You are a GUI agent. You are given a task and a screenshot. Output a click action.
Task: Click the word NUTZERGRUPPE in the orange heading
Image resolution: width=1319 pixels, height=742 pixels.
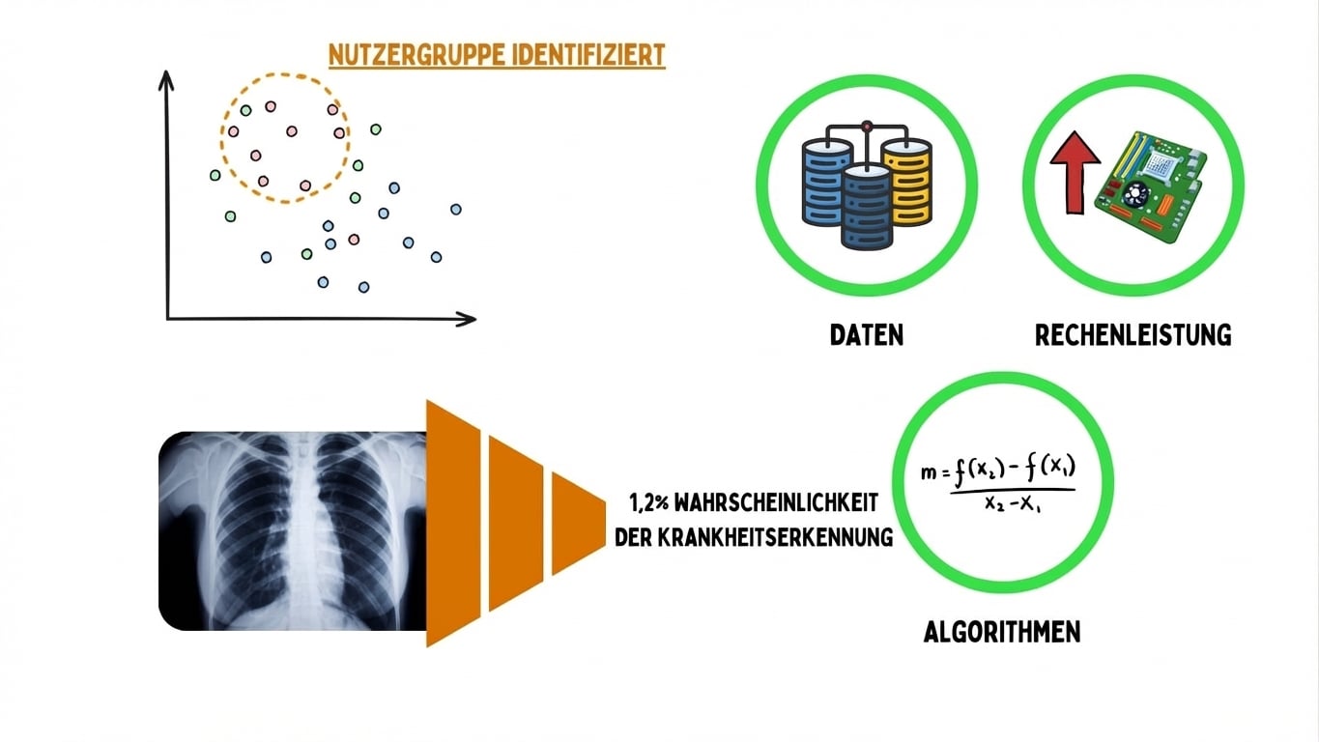click(x=413, y=55)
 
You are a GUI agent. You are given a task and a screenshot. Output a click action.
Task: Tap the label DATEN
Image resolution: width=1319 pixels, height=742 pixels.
click(x=867, y=335)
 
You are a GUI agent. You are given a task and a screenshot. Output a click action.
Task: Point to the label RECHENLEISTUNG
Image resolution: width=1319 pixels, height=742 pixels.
click(x=1133, y=335)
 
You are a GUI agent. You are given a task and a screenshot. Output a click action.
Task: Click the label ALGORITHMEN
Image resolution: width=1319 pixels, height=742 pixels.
click(x=1002, y=632)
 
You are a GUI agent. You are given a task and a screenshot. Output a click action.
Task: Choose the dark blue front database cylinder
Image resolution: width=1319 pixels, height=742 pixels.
click(x=867, y=208)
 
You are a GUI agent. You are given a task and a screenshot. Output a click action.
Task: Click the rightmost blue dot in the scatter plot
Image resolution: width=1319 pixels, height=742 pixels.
click(x=456, y=209)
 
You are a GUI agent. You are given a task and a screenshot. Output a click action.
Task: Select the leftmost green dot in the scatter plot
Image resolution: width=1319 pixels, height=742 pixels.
click(x=215, y=175)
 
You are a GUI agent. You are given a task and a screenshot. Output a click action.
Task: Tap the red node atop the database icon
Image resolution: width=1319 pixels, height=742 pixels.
click(x=867, y=126)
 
